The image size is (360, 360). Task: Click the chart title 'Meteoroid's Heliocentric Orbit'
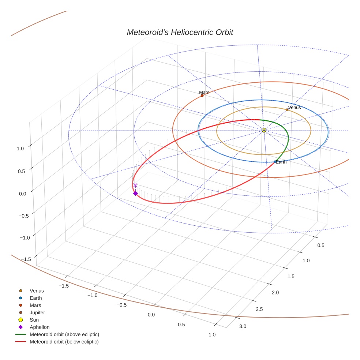tap(180, 33)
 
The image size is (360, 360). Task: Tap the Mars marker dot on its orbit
tap(202, 95)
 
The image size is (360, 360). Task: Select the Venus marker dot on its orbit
tap(287, 110)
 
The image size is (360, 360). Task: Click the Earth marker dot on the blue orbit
tap(275, 162)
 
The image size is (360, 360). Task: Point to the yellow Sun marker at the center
tap(264, 130)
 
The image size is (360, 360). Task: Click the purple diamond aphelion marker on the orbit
tap(135, 193)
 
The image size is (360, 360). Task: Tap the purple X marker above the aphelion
tap(135, 185)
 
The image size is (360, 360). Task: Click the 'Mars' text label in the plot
tap(204, 93)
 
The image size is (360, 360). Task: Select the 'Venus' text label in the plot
tap(295, 108)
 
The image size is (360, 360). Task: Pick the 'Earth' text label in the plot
tap(281, 162)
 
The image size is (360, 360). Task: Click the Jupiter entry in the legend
tap(37, 312)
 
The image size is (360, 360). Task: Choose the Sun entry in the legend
tap(34, 320)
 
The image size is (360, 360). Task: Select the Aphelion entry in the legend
tap(40, 327)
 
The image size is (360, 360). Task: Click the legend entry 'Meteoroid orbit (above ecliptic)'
tap(64, 334)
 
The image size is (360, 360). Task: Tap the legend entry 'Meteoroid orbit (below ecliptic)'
tap(64, 342)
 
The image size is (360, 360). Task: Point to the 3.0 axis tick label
tap(243, 326)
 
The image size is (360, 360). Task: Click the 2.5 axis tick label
tap(259, 310)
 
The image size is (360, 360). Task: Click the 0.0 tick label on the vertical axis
tap(23, 194)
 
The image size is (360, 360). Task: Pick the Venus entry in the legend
tap(37, 291)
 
